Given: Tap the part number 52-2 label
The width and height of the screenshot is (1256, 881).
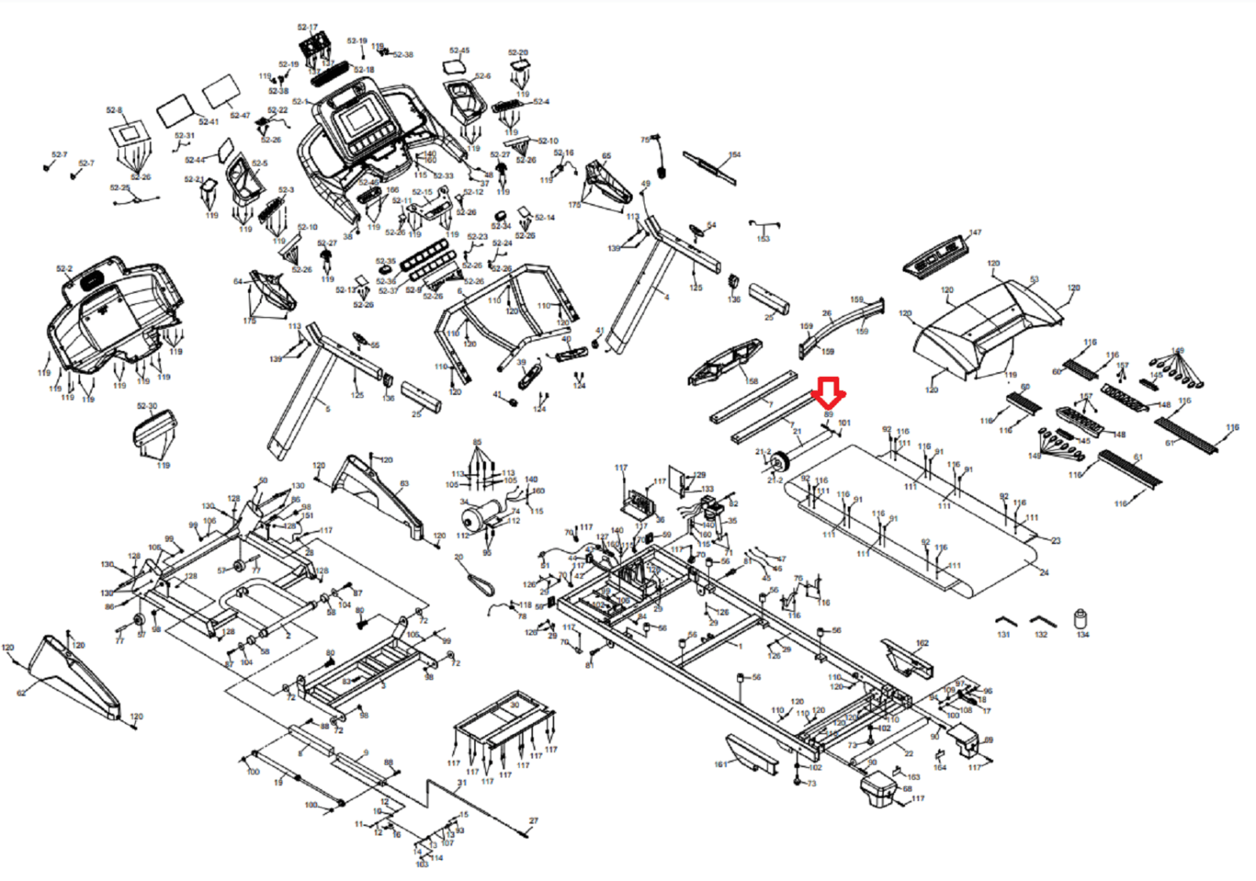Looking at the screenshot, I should click(64, 269).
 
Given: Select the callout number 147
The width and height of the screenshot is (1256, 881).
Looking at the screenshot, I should click(975, 232).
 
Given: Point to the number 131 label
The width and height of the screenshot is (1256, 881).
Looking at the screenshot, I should click(1003, 634).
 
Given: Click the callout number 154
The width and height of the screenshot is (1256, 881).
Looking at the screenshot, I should click(735, 155).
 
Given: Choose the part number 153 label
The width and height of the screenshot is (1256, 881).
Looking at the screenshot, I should click(763, 239).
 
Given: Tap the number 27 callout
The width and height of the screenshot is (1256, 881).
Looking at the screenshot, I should click(534, 821).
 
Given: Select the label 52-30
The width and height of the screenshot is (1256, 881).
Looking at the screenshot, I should click(147, 406).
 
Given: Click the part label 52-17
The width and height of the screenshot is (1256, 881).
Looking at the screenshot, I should click(308, 27).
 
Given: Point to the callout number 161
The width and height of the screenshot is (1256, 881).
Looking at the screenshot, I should click(721, 764).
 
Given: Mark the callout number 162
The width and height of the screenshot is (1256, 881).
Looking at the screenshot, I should click(922, 643).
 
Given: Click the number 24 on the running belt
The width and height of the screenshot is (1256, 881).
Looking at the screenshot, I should click(1044, 572).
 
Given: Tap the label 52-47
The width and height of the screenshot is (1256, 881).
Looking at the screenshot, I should click(239, 115).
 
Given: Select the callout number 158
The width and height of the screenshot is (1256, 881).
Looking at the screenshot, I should click(752, 382).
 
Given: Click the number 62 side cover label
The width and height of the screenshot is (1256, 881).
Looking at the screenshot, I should click(21, 693).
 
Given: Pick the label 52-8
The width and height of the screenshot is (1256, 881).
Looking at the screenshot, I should click(114, 111).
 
